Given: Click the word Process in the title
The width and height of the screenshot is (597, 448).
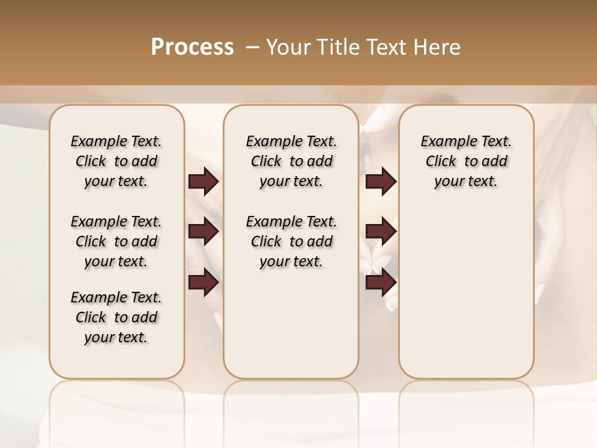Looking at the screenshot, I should (192, 47).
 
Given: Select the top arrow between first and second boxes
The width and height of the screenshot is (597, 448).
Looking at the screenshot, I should (203, 182).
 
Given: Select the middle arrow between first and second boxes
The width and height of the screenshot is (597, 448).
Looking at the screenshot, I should (203, 231).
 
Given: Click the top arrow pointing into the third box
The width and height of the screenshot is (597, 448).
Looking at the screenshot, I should (381, 182).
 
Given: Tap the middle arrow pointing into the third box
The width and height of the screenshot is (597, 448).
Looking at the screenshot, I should (381, 231).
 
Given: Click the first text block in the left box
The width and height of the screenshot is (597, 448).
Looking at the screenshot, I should (116, 161).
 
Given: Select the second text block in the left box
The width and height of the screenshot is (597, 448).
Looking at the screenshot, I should (116, 241).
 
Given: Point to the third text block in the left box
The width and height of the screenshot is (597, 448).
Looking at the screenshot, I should (116, 317).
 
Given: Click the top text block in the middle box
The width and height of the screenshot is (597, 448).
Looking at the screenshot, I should (291, 161).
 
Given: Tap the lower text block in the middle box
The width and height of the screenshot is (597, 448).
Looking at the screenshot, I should (291, 241).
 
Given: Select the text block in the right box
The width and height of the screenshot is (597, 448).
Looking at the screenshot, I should (466, 161).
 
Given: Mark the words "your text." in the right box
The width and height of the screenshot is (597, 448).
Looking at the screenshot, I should (466, 182).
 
